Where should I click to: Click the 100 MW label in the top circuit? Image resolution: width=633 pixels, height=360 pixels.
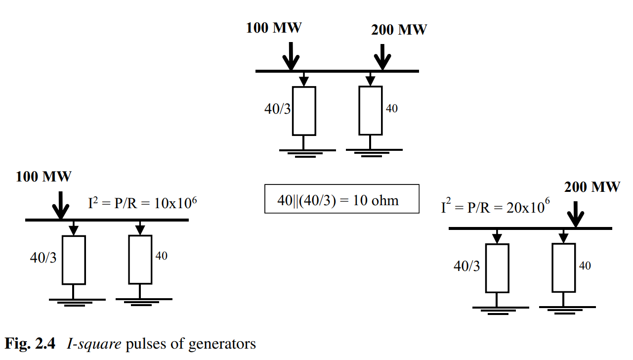click(x=274, y=28)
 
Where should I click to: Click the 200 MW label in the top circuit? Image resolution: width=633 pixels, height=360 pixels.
click(x=399, y=30)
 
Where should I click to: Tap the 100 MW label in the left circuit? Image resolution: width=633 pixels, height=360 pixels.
click(x=43, y=177)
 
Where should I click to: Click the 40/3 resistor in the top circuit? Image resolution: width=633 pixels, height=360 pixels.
click(x=304, y=111)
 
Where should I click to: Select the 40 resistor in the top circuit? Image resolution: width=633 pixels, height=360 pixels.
click(x=371, y=110)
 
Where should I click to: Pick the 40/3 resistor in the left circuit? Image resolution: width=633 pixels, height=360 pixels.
click(x=74, y=260)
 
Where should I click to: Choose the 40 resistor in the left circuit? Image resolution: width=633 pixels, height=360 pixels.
click(x=140, y=259)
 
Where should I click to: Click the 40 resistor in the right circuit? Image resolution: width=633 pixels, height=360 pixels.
click(x=564, y=268)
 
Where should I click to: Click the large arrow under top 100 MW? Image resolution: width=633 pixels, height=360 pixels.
click(x=291, y=56)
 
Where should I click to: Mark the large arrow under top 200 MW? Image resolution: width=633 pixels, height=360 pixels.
click(x=382, y=57)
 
